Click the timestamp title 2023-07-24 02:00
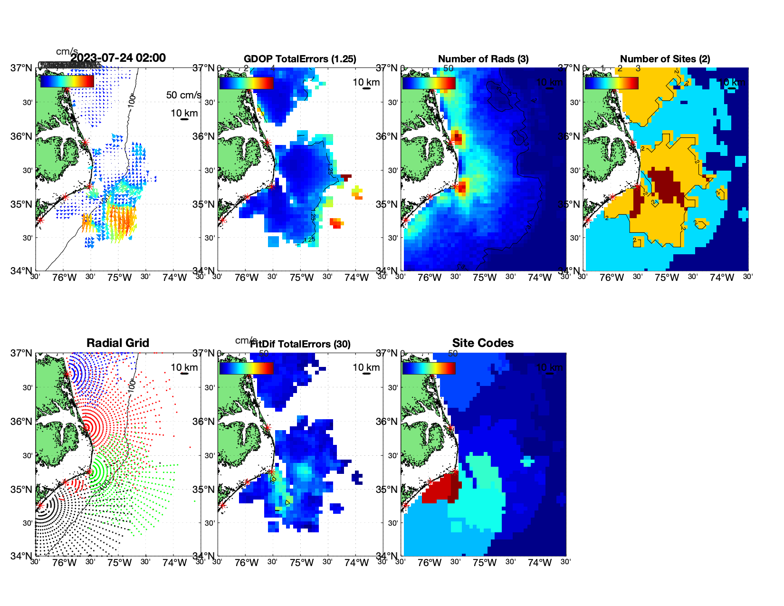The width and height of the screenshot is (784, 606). [x=118, y=58]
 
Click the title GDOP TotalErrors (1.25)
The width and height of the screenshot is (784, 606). [x=300, y=59]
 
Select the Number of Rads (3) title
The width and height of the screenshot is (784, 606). [x=483, y=59]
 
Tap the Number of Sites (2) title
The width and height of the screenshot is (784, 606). [x=665, y=59]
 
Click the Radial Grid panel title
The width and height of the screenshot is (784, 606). [x=118, y=343]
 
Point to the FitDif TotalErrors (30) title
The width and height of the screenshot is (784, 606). [x=300, y=344]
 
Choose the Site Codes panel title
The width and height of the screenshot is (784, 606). [x=483, y=343]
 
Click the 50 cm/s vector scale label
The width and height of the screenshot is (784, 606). [x=183, y=95]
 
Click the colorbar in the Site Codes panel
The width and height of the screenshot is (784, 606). [x=429, y=368]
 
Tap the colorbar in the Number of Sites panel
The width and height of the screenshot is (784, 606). [x=611, y=83]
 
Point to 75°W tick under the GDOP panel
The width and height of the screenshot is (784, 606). [x=302, y=278]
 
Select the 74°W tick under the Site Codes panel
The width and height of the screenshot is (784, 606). [x=539, y=563]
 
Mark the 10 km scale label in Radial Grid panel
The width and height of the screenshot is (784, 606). [x=184, y=367]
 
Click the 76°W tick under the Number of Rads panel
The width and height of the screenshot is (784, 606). [x=429, y=278]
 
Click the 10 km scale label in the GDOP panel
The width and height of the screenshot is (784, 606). [x=366, y=82]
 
